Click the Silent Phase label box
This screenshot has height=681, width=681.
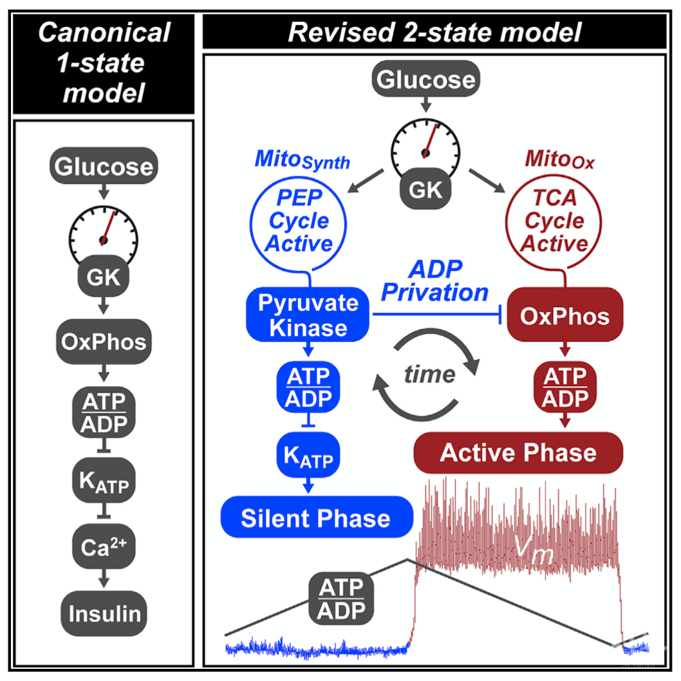[315, 518]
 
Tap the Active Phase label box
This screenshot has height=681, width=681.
[518, 452]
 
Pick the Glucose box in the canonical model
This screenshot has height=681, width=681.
[103, 167]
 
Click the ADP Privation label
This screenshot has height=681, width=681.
[435, 282]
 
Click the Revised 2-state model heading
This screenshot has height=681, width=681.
[434, 32]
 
